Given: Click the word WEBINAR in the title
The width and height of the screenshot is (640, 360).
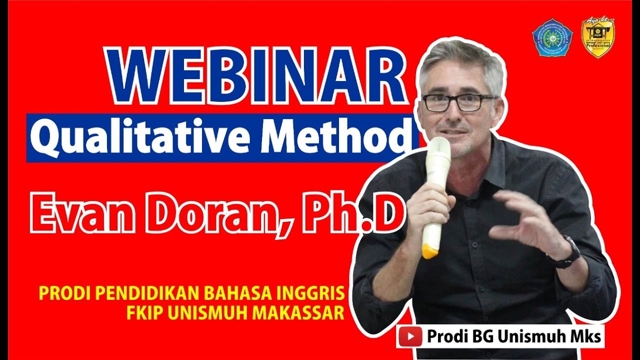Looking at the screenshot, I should point(255,76).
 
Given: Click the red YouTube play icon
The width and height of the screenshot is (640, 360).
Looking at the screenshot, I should point(411,336).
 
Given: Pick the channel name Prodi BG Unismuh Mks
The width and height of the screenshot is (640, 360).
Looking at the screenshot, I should point(513,336).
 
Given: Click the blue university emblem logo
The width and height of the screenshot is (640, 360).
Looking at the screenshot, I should point(552,38).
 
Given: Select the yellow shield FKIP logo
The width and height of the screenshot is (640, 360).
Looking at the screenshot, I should point(597,37).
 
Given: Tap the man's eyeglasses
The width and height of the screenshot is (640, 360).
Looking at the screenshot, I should point(457,102).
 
